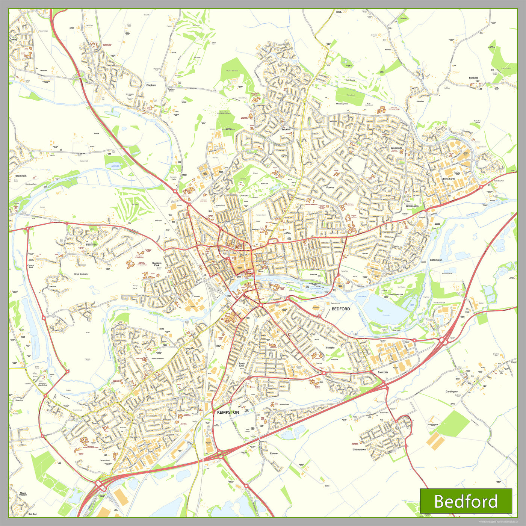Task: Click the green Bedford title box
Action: pos(466,501)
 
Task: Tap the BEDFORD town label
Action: pos(341,309)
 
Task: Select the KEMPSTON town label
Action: pos(228,412)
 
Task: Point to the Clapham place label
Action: pos(151,85)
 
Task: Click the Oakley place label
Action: pos(14,39)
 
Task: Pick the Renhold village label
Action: pos(473,78)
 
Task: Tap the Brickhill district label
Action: pos(286,129)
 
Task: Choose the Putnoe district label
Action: pos(330,187)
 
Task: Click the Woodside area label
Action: pos(396,148)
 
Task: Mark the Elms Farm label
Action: pos(449,179)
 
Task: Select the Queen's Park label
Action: pos(157,264)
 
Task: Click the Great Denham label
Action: pos(81,274)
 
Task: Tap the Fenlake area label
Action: pos(330,348)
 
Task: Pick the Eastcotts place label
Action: pos(383,372)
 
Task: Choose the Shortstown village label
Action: pos(359,449)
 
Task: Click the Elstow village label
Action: pos(274,453)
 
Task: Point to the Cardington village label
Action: pos(452,391)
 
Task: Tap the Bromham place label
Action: pos(21,176)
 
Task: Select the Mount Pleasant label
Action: pos(23,494)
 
